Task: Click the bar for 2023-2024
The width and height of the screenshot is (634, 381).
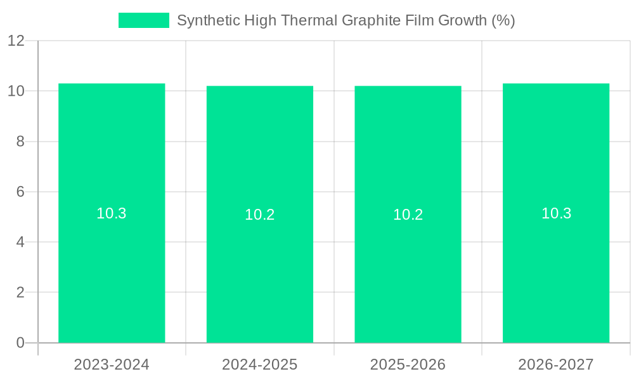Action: click(112, 267)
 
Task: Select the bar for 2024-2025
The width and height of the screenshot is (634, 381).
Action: click(260, 267)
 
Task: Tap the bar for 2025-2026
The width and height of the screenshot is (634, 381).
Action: click(408, 267)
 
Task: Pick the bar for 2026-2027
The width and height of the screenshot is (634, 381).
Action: click(556, 267)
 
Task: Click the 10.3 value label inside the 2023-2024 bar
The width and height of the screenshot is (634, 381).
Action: click(112, 213)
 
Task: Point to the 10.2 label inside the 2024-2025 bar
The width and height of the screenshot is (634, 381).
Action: click(260, 215)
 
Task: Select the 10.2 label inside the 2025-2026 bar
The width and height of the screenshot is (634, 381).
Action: click(408, 215)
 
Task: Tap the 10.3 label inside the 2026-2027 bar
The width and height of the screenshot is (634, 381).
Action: click(556, 213)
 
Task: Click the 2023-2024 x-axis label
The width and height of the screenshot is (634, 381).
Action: click(112, 364)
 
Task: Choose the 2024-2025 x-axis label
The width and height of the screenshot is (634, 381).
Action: click(260, 364)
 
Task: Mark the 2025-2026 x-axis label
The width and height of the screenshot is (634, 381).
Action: click(408, 364)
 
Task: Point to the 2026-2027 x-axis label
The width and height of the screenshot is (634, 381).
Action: click(556, 364)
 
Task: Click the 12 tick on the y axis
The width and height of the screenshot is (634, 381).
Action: click(16, 41)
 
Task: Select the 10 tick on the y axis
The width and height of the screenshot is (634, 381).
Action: click(16, 91)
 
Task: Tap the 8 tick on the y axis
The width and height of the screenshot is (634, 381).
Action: click(20, 142)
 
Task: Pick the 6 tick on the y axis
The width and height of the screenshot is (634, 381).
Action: click(20, 192)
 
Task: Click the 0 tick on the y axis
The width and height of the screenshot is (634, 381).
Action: click(20, 343)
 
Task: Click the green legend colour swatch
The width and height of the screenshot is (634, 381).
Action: click(144, 20)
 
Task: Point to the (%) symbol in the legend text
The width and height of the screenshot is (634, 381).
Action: click(503, 20)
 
